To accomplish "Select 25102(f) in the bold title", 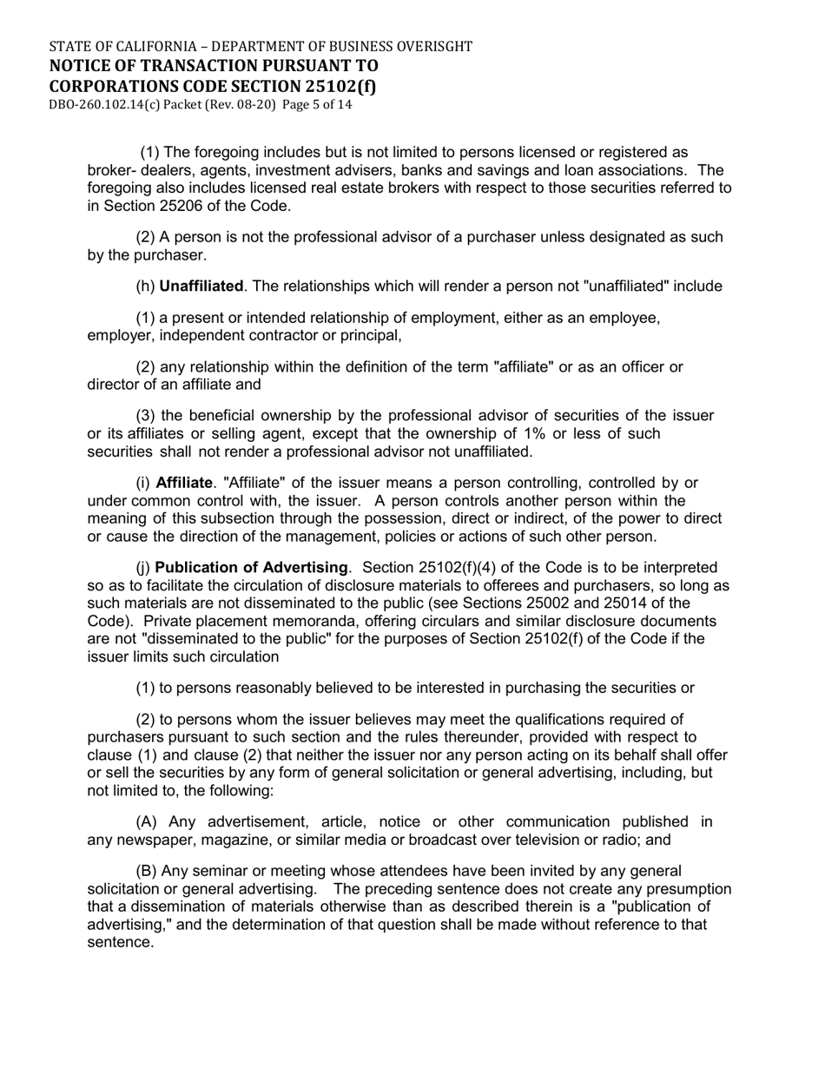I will click(x=340, y=87).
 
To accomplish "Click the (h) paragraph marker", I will click(x=146, y=286).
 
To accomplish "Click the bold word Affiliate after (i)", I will click(x=183, y=482).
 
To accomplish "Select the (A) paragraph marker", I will click(x=148, y=821).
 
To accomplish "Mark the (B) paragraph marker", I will click(x=148, y=871).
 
